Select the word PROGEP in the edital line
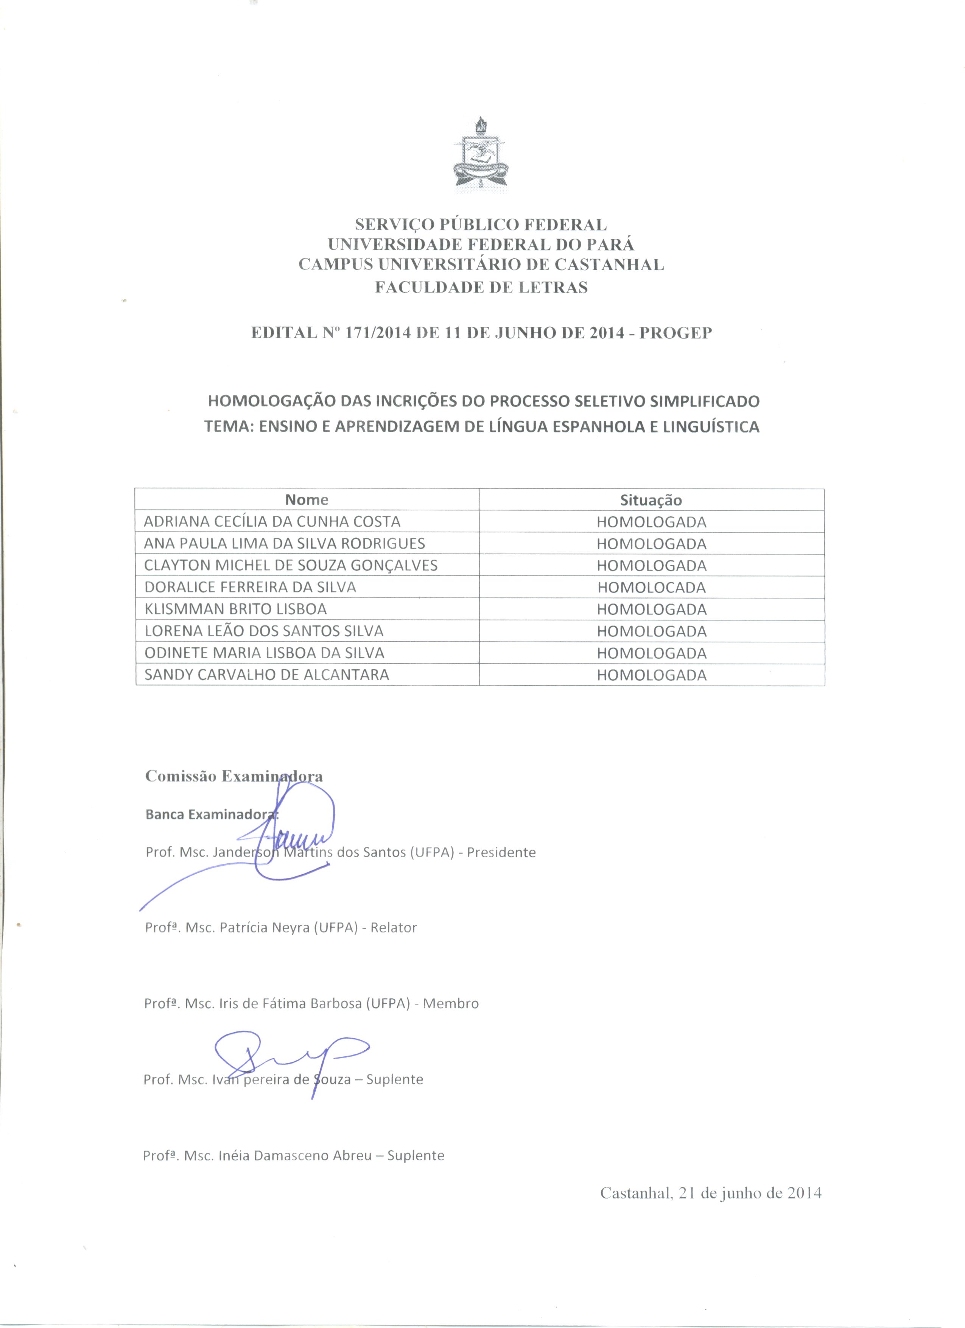click(x=676, y=333)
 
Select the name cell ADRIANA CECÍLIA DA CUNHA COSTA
click(x=272, y=521)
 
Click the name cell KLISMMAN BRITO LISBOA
click(x=235, y=609)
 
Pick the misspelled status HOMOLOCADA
click(x=652, y=587)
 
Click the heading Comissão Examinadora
click(x=233, y=776)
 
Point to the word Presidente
click(x=501, y=852)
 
